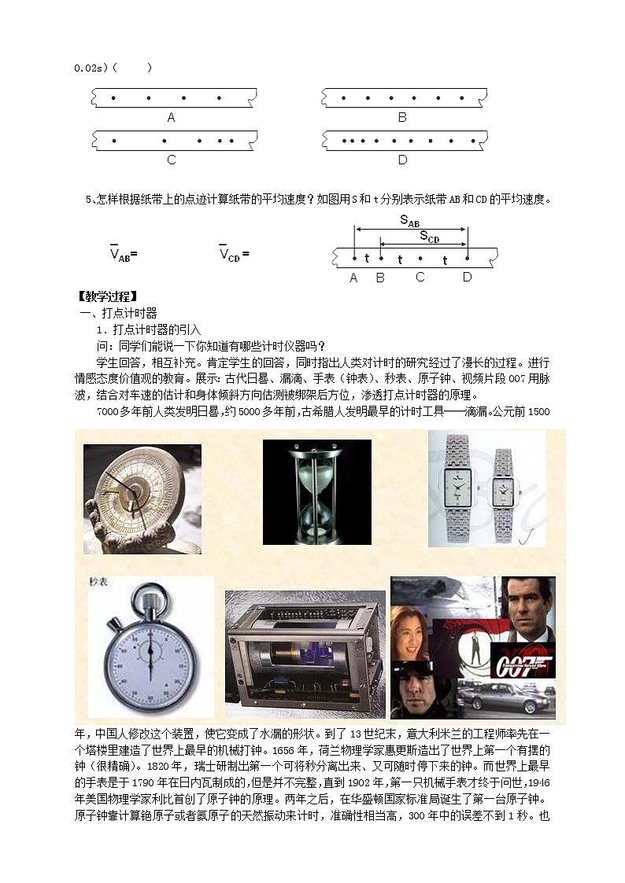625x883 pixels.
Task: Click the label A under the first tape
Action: pyautogui.click(x=171, y=117)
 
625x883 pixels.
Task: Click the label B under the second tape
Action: pyautogui.click(x=401, y=117)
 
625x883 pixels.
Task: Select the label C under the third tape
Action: pyautogui.click(x=172, y=160)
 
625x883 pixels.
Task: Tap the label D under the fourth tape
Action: pyautogui.click(x=402, y=160)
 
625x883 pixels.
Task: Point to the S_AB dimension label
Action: pyautogui.click(x=410, y=222)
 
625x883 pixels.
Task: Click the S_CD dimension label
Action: pyautogui.click(x=429, y=237)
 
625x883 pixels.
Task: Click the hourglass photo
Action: pyautogui.click(x=316, y=492)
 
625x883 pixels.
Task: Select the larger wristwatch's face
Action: pyautogui.click(x=457, y=490)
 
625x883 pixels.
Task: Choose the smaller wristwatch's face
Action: pyautogui.click(x=501, y=493)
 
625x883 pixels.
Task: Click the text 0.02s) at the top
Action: pyautogui.click(x=93, y=68)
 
